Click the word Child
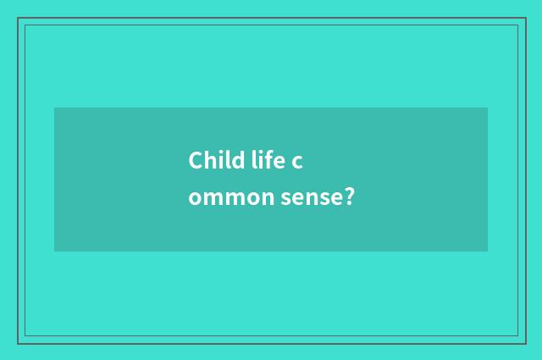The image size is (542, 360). point(212,160)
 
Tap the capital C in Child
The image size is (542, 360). point(196,160)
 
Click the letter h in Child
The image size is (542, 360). point(208,160)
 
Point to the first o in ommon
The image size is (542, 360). point(195,200)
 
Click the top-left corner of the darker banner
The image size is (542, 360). point(54,108)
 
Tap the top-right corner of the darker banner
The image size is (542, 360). point(488,108)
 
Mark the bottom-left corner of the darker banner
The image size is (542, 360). point(54,252)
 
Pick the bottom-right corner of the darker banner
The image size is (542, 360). point(488,252)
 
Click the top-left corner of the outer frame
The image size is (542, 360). point(18,18)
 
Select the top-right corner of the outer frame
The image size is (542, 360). point(524,18)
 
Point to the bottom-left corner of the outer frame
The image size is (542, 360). point(18,343)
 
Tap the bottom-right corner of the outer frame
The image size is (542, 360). point(524,343)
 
